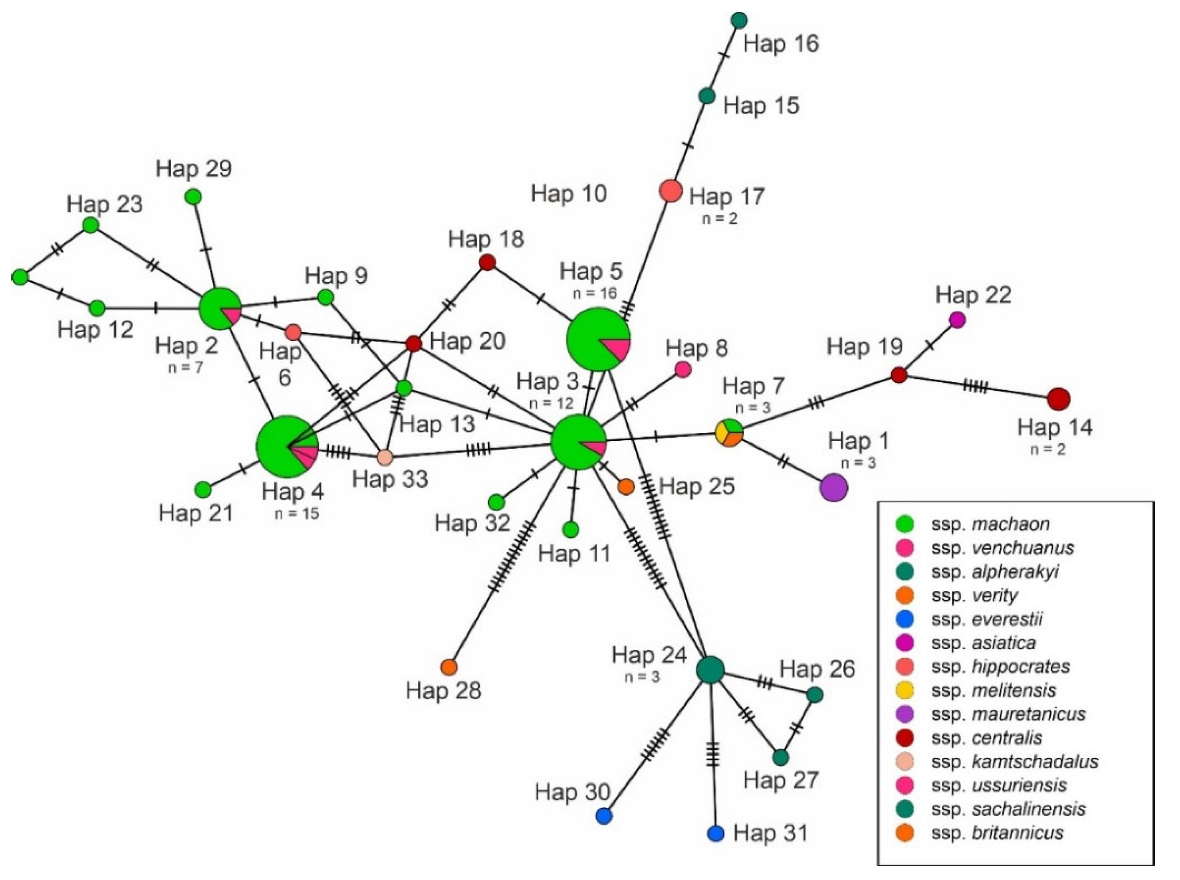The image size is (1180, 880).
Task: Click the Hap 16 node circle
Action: (739, 20)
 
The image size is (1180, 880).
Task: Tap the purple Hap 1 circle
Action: (834, 487)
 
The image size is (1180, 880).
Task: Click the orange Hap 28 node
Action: (449, 666)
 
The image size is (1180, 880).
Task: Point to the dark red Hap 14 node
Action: (1058, 399)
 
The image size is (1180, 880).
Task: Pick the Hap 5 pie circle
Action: (598, 339)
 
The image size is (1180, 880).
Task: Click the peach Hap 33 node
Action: (385, 456)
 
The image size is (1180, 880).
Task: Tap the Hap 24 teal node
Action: (710, 669)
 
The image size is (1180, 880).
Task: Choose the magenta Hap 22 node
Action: (958, 319)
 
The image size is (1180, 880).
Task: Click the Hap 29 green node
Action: (193, 197)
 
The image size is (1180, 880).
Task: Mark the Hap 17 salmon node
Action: (671, 191)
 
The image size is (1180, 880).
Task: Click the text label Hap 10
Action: (569, 194)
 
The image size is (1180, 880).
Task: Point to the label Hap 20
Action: (467, 341)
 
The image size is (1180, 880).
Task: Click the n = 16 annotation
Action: (594, 292)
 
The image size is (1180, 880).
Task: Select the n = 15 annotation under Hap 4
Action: (297, 513)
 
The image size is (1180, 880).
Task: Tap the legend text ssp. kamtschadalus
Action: (1015, 762)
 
